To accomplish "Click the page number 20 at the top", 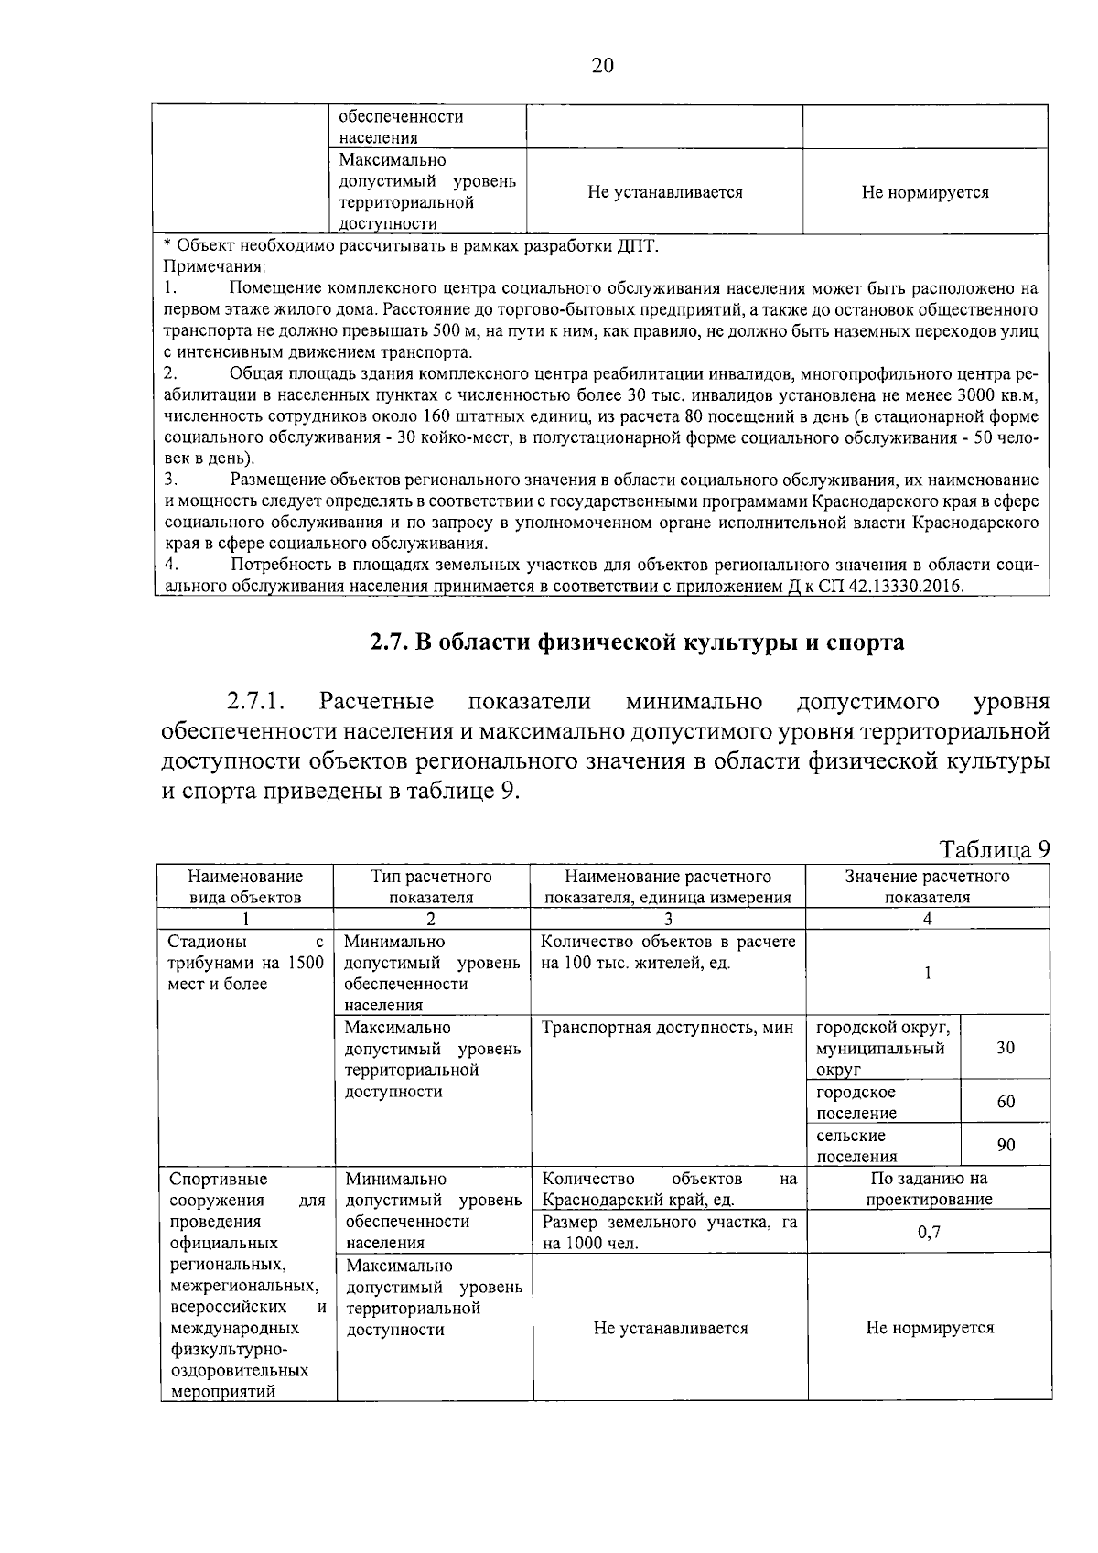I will pyautogui.click(x=603, y=66).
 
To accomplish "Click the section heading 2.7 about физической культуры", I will pyautogui.click(x=637, y=642).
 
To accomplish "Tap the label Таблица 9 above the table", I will pyautogui.click(x=994, y=849).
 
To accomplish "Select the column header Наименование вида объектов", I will pyautogui.click(x=245, y=887).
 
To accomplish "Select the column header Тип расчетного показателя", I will pyautogui.click(x=431, y=887).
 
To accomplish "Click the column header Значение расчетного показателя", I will pyautogui.click(x=927, y=887).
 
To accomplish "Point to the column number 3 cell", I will pyautogui.click(x=668, y=920).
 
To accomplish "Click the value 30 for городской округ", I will pyautogui.click(x=1005, y=1048).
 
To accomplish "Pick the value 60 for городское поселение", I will pyautogui.click(x=1005, y=1102).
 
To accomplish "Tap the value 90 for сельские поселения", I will pyautogui.click(x=1005, y=1145).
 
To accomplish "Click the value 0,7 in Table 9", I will pyautogui.click(x=929, y=1233).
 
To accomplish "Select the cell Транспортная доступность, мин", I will pyautogui.click(x=667, y=1028).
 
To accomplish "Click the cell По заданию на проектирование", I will pyautogui.click(x=929, y=1189).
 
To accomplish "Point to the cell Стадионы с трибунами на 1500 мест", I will pyautogui.click(x=245, y=963).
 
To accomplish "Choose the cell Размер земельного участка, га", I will pyautogui.click(x=669, y=1233).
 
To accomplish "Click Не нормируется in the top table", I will pyautogui.click(x=924, y=193).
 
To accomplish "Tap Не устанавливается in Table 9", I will pyautogui.click(x=670, y=1328).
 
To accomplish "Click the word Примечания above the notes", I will pyautogui.click(x=214, y=266).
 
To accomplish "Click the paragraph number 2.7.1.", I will pyautogui.click(x=256, y=702).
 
